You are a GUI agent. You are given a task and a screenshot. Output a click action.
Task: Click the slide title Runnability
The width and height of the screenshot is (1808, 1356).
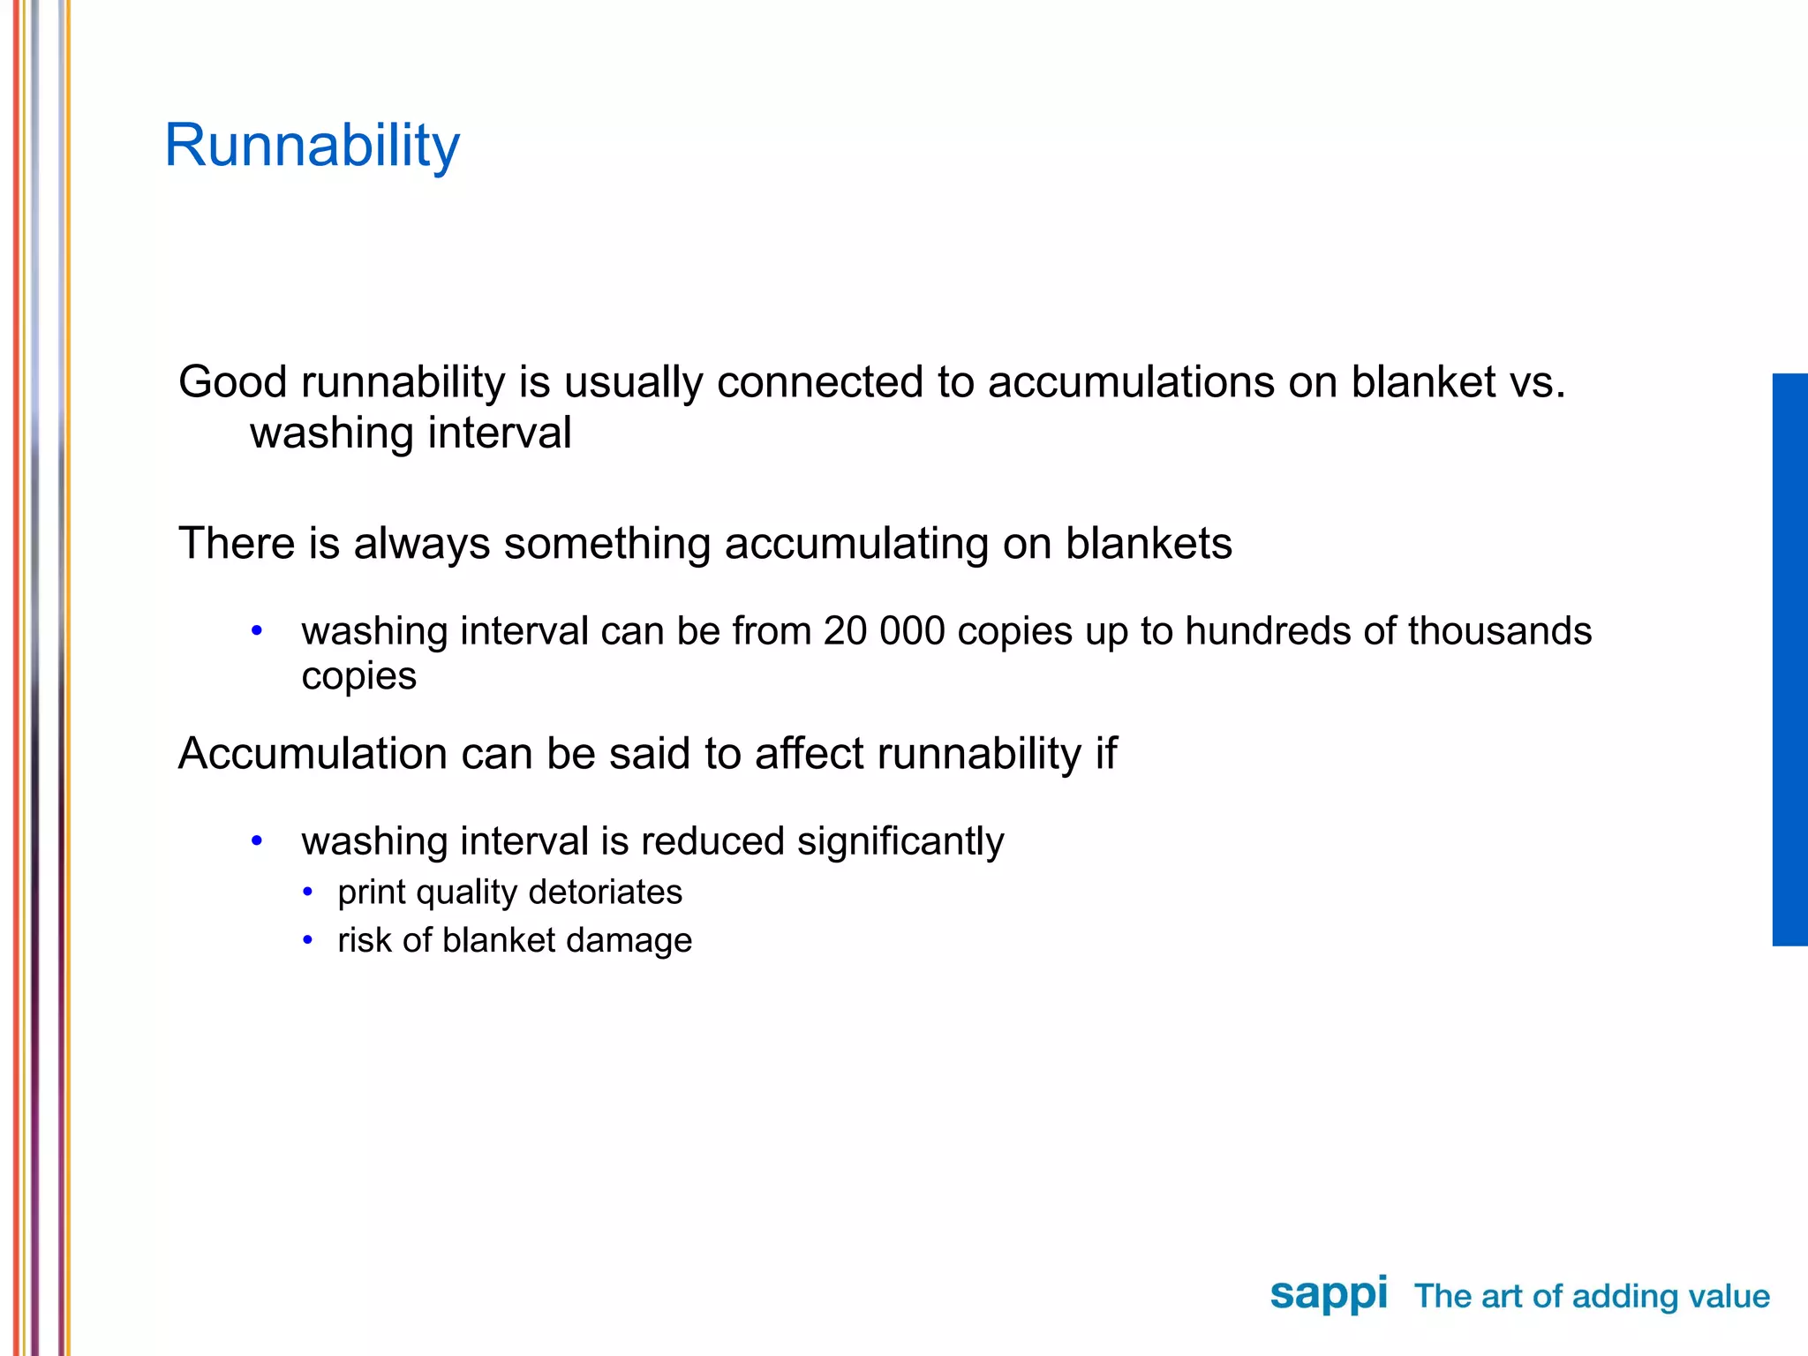[x=312, y=146]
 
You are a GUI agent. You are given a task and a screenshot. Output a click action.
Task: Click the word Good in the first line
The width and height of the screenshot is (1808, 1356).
[x=232, y=382]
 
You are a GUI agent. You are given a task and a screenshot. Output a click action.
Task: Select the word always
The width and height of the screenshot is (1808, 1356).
[x=421, y=544]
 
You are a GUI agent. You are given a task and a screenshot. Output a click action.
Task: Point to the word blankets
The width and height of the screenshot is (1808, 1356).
[x=1148, y=544]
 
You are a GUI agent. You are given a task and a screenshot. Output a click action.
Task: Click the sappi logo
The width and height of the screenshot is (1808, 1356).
[x=1328, y=1295]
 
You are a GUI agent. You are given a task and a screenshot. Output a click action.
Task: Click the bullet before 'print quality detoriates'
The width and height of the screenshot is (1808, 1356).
[x=307, y=893]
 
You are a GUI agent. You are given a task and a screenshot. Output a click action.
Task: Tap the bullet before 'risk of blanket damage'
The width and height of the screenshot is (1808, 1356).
[x=307, y=941]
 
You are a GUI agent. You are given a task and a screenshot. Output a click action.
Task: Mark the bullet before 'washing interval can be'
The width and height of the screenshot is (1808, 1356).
[x=257, y=631]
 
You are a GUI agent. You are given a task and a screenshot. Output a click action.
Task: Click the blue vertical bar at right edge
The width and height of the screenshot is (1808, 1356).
[x=1789, y=659]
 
